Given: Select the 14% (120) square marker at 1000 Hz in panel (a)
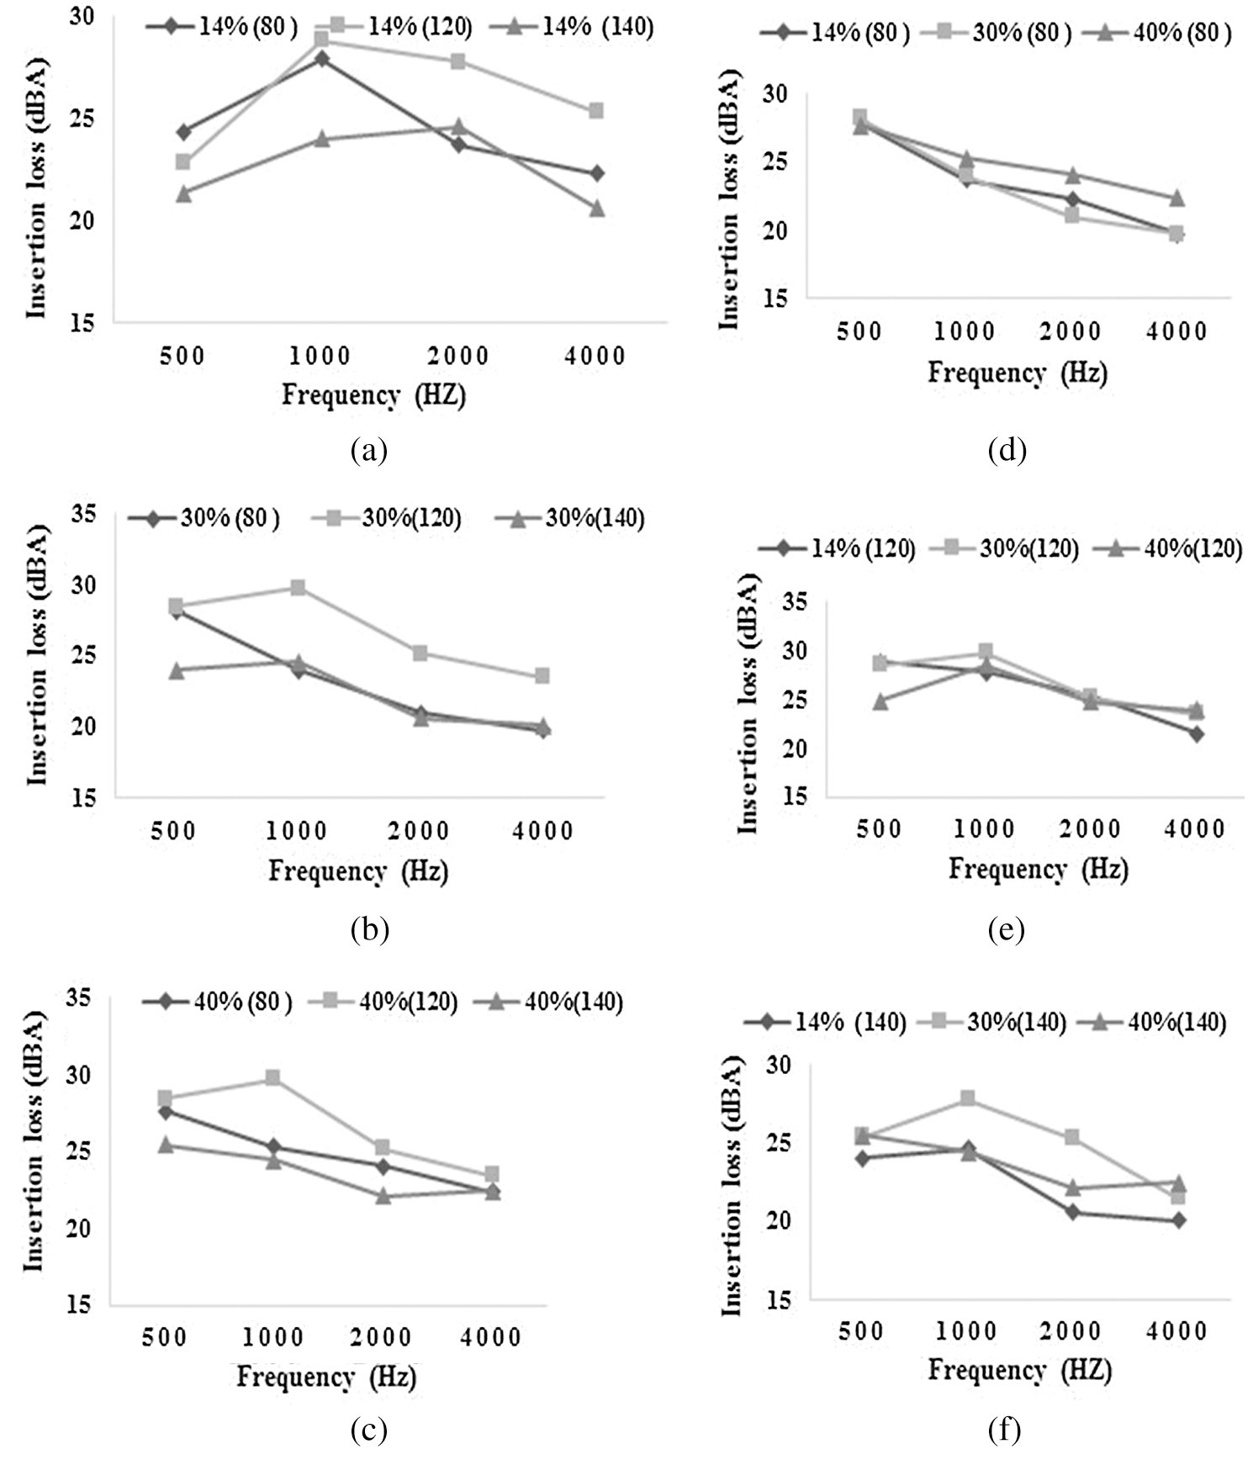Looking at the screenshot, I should [321, 39].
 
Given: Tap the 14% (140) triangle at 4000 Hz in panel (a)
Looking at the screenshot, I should [596, 208].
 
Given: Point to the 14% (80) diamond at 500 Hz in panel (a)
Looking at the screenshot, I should [183, 132].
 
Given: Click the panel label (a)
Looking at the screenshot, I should [368, 451].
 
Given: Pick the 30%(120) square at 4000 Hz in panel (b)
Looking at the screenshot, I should [542, 675].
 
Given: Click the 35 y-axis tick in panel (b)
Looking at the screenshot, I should [82, 514].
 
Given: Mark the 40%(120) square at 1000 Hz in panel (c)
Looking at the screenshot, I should [272, 1077].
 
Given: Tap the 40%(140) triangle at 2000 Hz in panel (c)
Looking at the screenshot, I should [383, 1195].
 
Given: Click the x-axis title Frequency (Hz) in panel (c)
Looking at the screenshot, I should [326, 1377].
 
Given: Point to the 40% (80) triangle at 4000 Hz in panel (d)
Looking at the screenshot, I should [1177, 198].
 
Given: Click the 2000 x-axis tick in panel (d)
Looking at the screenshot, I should [1071, 331].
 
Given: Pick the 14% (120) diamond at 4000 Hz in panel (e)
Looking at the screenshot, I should [1196, 733].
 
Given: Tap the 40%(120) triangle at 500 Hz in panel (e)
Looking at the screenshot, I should [880, 701].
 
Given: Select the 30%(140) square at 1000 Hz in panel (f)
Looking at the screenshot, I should [968, 1098].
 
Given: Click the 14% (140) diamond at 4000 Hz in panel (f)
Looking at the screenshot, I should [1178, 1220].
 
